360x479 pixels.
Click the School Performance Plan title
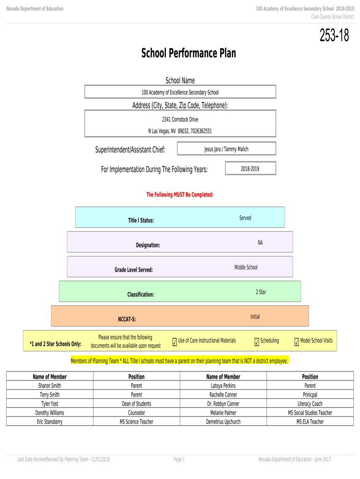[188, 54]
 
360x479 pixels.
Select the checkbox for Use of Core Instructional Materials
[174, 343]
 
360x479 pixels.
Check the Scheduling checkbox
[257, 343]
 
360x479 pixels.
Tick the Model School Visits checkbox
[296, 343]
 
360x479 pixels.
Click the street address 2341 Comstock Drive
[180, 120]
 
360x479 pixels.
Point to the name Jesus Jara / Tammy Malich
[226, 149]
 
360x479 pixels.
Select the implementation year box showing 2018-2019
[250, 169]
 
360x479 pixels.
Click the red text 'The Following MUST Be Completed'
[180, 195]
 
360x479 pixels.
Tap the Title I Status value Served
[245, 218]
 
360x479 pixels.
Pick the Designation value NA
[260, 243]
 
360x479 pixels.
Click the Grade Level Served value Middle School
[246, 268]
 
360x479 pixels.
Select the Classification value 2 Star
[261, 292]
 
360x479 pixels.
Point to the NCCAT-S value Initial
[255, 317]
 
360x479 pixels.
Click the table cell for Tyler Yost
[50, 404]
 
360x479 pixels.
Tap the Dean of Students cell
[137, 404]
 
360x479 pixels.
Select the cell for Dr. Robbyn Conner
[223, 404]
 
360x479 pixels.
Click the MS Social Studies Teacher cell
[310, 413]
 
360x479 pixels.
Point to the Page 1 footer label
[179, 459]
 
